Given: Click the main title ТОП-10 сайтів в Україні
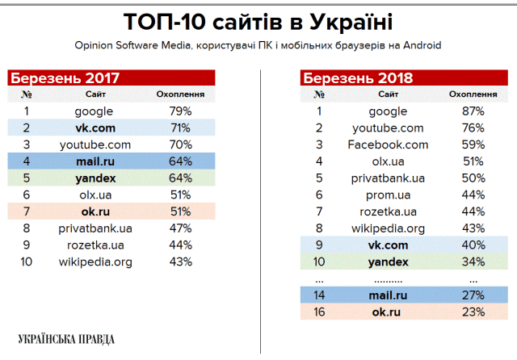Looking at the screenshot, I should click(x=259, y=21).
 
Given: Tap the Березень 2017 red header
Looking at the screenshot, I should click(x=65, y=78).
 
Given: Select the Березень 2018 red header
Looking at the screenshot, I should click(x=357, y=78).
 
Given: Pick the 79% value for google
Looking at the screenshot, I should click(x=180, y=111).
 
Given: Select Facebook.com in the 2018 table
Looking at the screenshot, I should click(x=388, y=144).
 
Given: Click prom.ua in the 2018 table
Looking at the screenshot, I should click(x=388, y=195).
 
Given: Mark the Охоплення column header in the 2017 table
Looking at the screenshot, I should click(x=180, y=94).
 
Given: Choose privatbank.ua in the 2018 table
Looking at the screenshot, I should click(x=388, y=178).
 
